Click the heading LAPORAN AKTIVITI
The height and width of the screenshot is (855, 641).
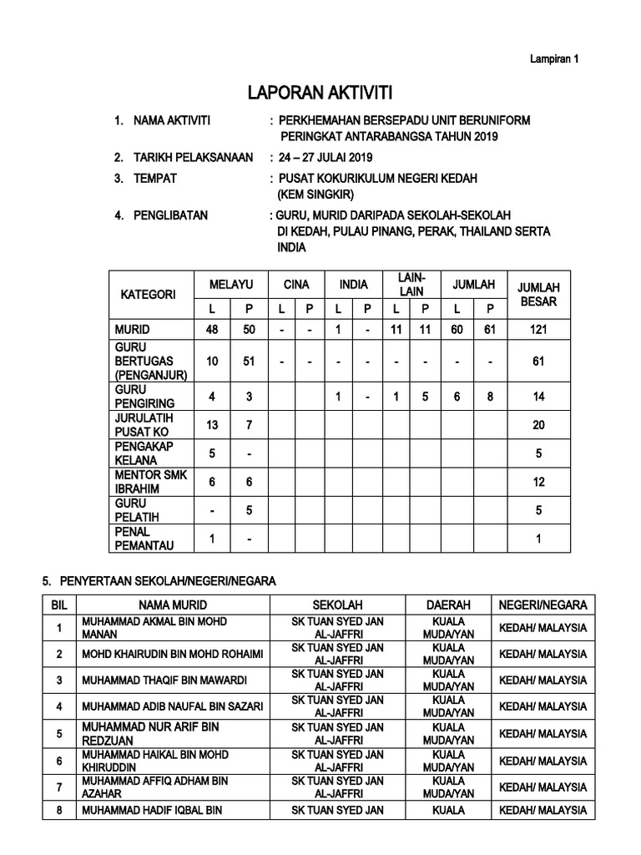click(x=321, y=92)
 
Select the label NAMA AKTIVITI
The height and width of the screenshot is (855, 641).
click(x=172, y=121)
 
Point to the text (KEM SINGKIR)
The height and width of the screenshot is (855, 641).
click(x=315, y=195)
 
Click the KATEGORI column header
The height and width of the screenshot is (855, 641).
click(x=149, y=295)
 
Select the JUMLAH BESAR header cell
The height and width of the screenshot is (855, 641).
click(x=538, y=294)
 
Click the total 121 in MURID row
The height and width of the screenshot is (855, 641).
click(x=538, y=330)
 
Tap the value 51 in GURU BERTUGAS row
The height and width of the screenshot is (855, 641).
click(x=249, y=361)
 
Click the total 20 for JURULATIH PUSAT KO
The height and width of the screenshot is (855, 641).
click(x=538, y=425)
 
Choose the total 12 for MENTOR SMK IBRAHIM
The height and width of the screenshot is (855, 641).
click(x=538, y=482)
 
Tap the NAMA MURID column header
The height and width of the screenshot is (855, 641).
click(x=174, y=605)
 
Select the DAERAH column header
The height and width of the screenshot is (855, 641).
click(x=448, y=605)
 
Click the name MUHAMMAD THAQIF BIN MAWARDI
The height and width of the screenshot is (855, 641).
click(x=163, y=680)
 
